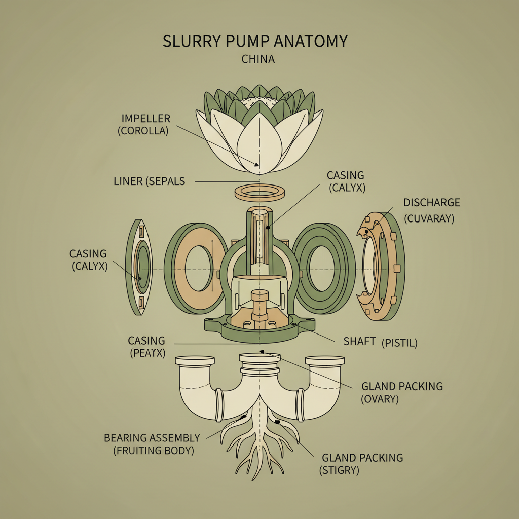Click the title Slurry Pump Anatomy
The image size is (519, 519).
[x=255, y=42]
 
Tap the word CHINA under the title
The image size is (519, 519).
[x=258, y=59]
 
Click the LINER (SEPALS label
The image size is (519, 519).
[x=150, y=181]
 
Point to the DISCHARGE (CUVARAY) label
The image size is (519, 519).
[x=431, y=210]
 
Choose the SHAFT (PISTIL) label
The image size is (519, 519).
[x=380, y=342]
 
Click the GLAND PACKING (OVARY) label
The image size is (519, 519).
[x=402, y=392]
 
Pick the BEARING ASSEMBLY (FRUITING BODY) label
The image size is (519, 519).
[x=152, y=443]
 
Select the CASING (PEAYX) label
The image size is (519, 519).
[x=146, y=347]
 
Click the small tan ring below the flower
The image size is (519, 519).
[x=259, y=193]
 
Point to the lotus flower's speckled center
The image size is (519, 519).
[x=259, y=102]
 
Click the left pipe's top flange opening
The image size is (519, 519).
[x=195, y=360]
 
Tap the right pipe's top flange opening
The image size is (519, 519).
[x=325, y=360]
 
